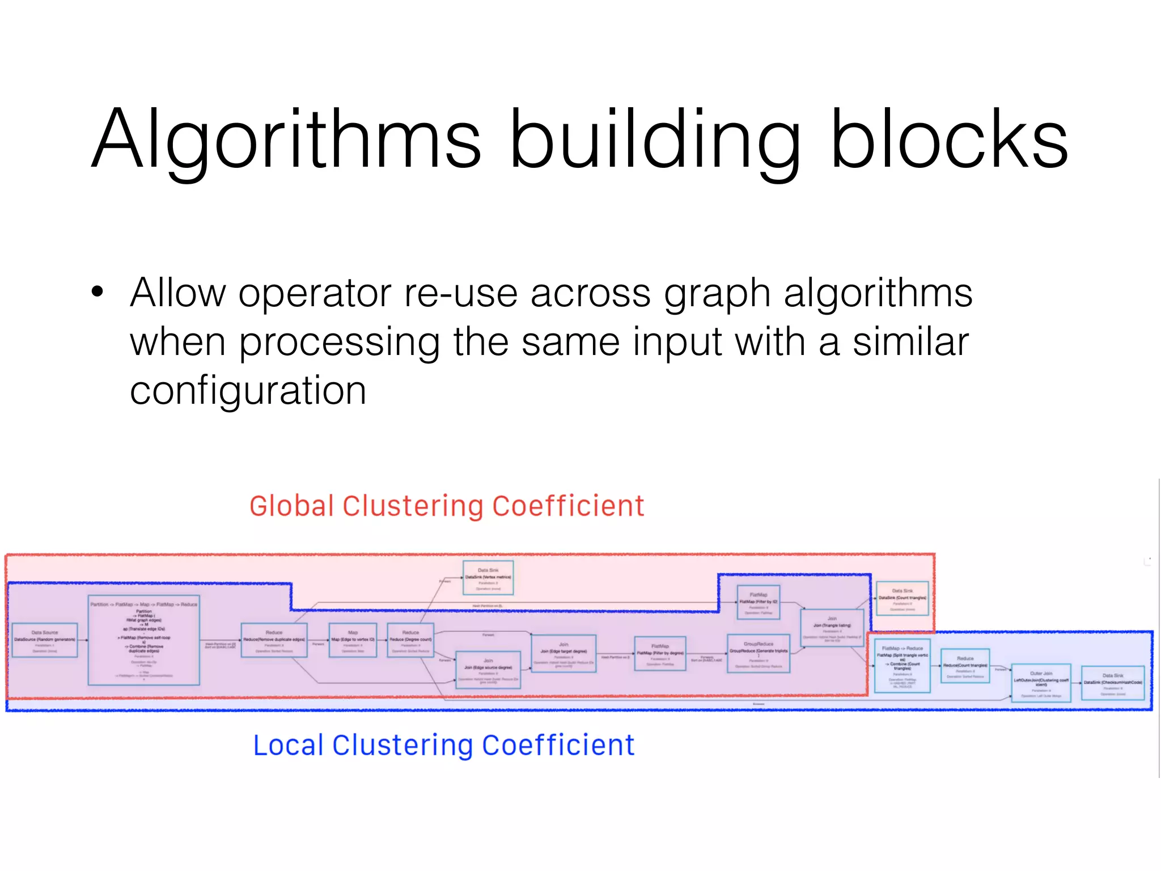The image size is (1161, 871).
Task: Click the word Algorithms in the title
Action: pyautogui.click(x=286, y=139)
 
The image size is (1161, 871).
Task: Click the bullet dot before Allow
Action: pyautogui.click(x=98, y=292)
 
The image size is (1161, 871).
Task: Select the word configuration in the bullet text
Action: pyautogui.click(x=248, y=391)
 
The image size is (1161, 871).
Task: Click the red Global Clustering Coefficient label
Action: pyautogui.click(x=447, y=506)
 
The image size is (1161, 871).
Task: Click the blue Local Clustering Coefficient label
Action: pyautogui.click(x=443, y=745)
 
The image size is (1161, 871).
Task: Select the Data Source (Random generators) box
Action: pyautogui.click(x=45, y=640)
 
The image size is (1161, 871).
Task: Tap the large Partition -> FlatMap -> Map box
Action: pyautogui.click(x=144, y=640)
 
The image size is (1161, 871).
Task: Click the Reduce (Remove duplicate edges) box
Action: pyautogui.click(x=274, y=640)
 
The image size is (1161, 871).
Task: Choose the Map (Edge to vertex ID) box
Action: pyautogui.click(x=353, y=640)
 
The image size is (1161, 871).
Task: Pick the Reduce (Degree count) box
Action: pyautogui.click(x=410, y=640)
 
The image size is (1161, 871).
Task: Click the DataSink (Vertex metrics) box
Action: pyautogui.click(x=488, y=578)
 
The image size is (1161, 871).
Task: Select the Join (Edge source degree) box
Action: pyautogui.click(x=488, y=670)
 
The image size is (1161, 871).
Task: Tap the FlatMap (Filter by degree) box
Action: pyautogui.click(x=660, y=653)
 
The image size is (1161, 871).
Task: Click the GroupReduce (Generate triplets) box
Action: pyautogui.click(x=759, y=653)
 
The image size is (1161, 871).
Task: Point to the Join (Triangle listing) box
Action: pyautogui.click(x=832, y=627)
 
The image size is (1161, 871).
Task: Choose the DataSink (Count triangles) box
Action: pyautogui.click(x=902, y=598)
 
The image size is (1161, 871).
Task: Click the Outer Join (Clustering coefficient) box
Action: pyautogui.click(x=1041, y=683)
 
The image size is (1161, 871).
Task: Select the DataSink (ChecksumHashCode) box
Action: pyautogui.click(x=1113, y=683)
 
